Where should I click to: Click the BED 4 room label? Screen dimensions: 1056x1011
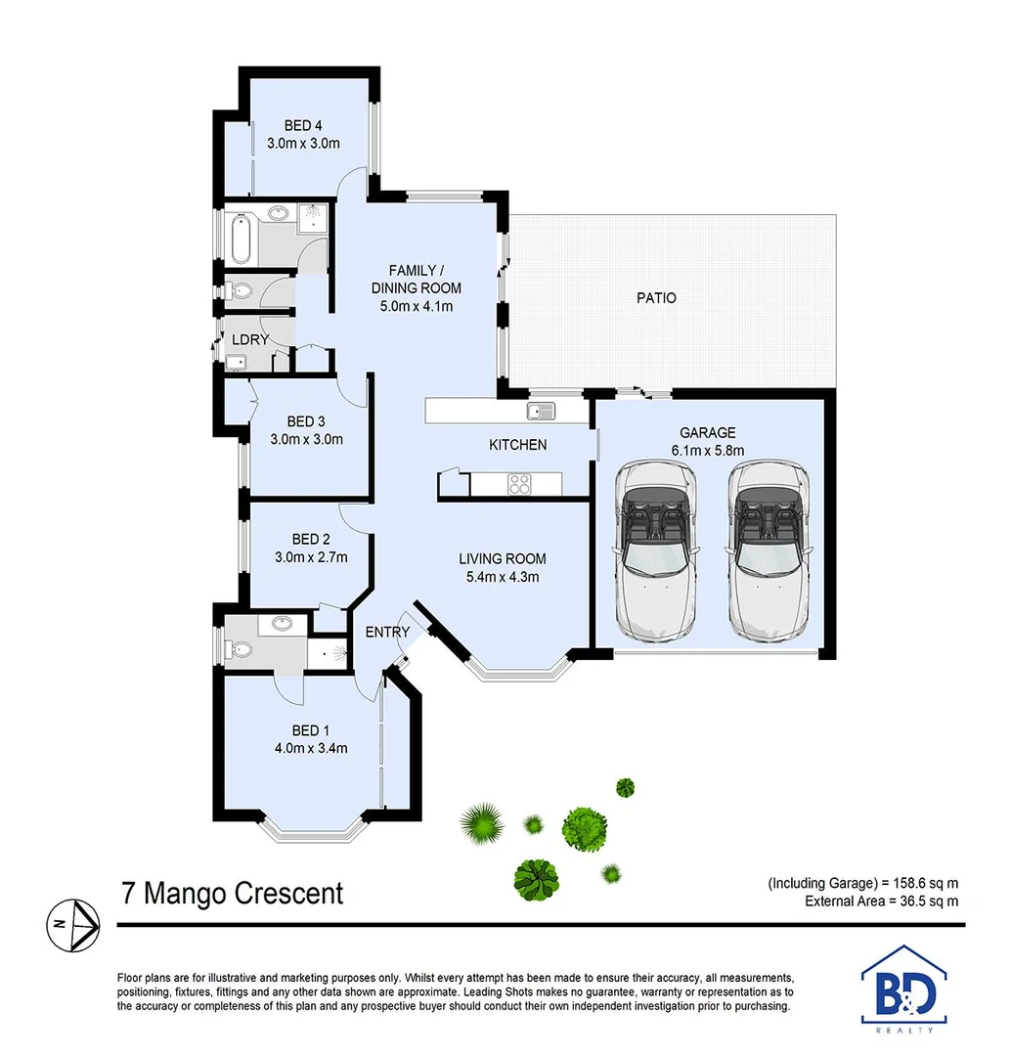[303, 125]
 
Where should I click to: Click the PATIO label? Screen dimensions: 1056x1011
[656, 297]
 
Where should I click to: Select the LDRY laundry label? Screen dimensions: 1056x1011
[250, 339]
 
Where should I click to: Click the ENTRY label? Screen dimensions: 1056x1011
[387, 633]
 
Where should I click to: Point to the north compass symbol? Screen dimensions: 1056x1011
[74, 923]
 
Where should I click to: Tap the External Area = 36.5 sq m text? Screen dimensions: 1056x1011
[881, 901]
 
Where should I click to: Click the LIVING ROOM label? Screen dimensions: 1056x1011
[503, 559]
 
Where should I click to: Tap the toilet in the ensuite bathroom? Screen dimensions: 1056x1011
[237, 648]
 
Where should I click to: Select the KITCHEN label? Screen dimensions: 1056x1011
[517, 445]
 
